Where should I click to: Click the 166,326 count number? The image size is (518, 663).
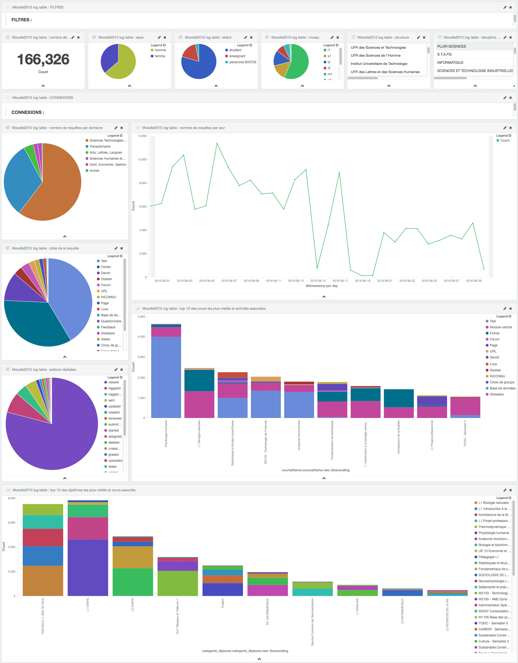click(x=43, y=59)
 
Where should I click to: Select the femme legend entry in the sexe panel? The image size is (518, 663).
click(x=160, y=56)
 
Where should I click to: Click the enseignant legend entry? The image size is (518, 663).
click(x=237, y=56)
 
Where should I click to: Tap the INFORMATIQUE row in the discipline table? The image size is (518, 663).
click(x=450, y=62)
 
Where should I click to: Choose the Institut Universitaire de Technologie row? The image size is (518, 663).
click(x=379, y=64)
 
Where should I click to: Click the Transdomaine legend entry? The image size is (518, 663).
click(x=100, y=147)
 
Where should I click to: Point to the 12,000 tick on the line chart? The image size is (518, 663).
click(x=142, y=136)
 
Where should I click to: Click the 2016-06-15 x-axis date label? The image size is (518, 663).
click(x=318, y=281)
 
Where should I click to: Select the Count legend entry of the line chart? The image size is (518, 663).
click(x=505, y=140)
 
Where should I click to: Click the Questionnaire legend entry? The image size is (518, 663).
click(x=111, y=321)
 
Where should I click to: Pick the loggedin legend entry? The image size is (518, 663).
click(x=114, y=388)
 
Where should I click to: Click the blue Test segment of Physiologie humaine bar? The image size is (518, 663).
click(x=166, y=377)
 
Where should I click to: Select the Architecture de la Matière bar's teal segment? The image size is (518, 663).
click(x=398, y=398)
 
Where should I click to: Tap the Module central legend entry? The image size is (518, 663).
click(x=500, y=327)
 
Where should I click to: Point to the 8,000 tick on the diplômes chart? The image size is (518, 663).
click(x=11, y=498)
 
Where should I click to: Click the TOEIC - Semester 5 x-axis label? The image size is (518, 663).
click(x=465, y=433)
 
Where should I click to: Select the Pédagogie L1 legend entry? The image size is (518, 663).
click(x=488, y=557)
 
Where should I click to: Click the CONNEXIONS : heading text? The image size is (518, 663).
click(x=28, y=112)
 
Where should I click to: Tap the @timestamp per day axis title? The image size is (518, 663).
click(x=322, y=286)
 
